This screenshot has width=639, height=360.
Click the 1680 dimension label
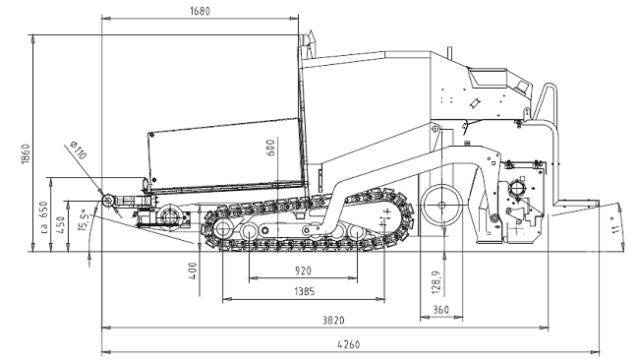click(201, 11)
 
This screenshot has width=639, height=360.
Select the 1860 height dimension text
click(26, 154)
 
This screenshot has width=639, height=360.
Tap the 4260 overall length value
click(349, 344)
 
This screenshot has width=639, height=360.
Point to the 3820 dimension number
click(333, 320)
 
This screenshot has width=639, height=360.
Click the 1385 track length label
click(305, 291)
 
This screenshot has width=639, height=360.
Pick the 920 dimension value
click(303, 270)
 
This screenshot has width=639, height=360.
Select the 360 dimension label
click(441, 310)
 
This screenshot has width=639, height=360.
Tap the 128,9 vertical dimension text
click(436, 280)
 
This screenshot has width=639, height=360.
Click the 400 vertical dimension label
click(193, 270)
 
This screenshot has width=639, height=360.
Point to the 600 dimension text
click(270, 148)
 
